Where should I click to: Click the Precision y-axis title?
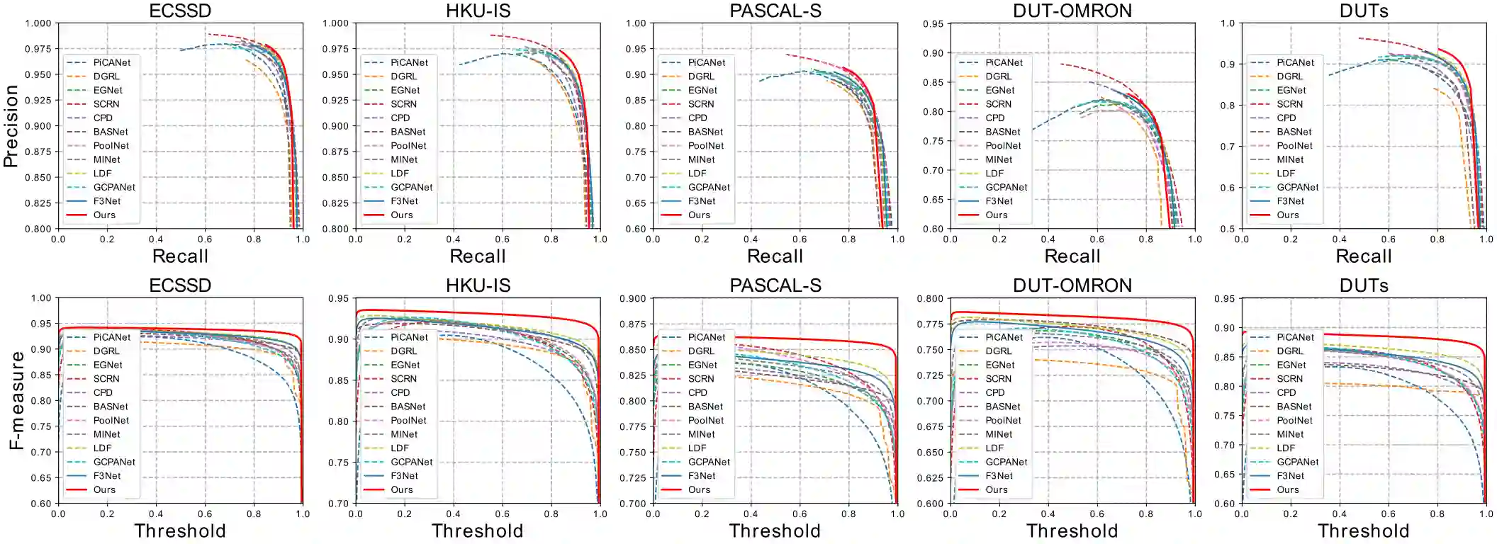[10, 126]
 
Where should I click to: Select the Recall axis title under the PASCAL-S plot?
[775, 256]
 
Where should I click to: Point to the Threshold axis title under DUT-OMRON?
[1072, 531]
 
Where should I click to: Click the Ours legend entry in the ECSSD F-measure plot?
[104, 490]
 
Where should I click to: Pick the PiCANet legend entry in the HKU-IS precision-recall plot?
[409, 62]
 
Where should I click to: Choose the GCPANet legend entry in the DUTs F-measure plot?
[1297, 462]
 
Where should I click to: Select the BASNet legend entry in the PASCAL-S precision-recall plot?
[705, 132]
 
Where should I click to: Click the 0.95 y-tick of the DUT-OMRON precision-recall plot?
[933, 24]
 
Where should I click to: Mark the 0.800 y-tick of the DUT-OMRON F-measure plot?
[930, 299]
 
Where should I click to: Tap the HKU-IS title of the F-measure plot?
[478, 285]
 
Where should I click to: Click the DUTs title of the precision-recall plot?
[1364, 11]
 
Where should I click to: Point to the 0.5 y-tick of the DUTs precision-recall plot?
[1228, 229]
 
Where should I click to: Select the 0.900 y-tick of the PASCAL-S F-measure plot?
[633, 299]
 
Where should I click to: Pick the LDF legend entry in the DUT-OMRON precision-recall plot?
[994, 174]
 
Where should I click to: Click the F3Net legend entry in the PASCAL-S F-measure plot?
[702, 476]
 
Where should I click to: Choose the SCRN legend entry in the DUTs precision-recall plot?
[1290, 104]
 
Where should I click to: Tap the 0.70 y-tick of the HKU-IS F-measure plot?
[338, 504]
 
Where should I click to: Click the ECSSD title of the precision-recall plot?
[180, 11]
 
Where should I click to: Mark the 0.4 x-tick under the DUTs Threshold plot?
[1339, 514]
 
